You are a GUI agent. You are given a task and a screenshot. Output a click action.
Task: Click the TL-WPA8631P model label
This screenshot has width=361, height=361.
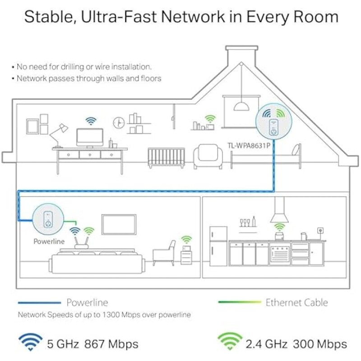(x=249, y=145)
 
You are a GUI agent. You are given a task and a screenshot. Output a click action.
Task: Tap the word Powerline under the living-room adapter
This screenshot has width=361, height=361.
(x=49, y=241)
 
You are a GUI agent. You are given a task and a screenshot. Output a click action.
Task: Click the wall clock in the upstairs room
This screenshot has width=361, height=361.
(x=119, y=123)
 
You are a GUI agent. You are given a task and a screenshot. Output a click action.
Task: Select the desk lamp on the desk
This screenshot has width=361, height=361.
(x=59, y=136)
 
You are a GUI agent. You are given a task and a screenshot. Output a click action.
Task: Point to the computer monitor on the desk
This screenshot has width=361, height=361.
(x=90, y=138)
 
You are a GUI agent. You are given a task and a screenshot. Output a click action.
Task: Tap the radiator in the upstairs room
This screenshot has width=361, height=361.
(x=166, y=157)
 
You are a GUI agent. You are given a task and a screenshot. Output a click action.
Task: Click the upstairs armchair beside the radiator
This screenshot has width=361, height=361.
(x=208, y=157)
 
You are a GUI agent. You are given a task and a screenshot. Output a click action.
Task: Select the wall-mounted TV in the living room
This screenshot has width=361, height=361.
(x=119, y=224)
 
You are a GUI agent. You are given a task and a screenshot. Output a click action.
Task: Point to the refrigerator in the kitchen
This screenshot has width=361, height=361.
(x=218, y=246)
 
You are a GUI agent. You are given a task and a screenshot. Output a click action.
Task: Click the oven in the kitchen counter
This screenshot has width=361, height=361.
(x=279, y=254)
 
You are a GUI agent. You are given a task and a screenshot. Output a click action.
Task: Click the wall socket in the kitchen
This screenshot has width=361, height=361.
(x=320, y=231)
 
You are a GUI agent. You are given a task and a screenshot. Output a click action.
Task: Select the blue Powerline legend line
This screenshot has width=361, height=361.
(x=39, y=303)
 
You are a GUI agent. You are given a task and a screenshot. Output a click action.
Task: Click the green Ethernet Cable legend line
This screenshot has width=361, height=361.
(x=240, y=302)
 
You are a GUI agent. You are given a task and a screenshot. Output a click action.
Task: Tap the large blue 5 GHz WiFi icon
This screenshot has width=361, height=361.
(x=30, y=342)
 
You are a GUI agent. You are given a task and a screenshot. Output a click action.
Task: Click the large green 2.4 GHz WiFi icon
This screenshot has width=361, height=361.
(x=230, y=342)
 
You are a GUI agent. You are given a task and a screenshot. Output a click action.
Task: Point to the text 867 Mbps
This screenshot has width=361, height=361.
(x=111, y=344)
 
